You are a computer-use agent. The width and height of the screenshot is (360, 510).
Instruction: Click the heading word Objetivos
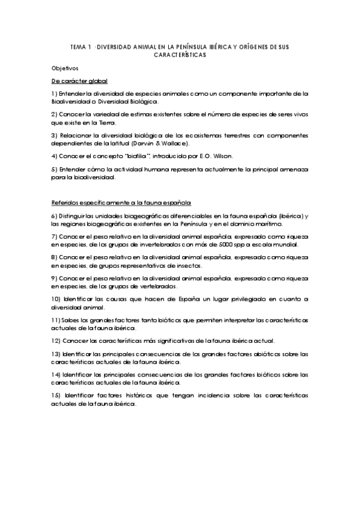65,69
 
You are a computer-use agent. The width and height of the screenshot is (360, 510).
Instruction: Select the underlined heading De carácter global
79,81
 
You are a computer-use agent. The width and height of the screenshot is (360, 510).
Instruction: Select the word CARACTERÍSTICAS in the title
180,54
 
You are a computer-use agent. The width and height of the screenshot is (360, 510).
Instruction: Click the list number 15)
56,396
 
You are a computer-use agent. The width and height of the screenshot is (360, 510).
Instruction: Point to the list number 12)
56,340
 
